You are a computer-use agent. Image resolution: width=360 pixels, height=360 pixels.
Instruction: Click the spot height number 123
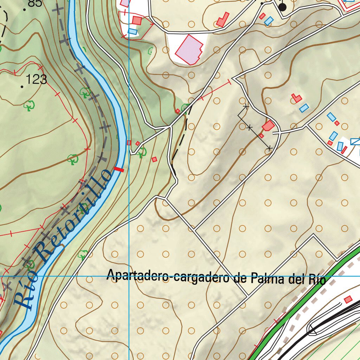(37, 79)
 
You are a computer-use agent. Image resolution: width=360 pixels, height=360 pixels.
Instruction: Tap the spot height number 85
(34, 4)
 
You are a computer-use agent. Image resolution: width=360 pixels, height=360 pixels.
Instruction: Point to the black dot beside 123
(22, 86)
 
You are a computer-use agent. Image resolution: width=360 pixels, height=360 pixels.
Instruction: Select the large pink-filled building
(189, 50)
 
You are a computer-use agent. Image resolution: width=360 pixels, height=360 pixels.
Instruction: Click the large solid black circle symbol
(283, 7)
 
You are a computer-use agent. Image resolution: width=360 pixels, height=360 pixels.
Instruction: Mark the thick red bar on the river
(120, 169)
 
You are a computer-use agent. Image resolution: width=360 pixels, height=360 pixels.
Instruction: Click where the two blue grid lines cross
(129, 276)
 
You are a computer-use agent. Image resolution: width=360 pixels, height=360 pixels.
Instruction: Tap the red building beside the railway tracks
(348, 299)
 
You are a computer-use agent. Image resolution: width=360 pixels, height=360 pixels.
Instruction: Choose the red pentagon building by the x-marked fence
(268, 126)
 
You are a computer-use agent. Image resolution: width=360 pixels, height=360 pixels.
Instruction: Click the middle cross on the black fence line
(250, 128)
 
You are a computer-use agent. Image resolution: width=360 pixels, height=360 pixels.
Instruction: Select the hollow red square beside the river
(129, 143)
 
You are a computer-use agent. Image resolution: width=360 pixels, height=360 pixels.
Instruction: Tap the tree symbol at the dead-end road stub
(142, 152)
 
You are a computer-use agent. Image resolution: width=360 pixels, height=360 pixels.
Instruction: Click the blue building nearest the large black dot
(269, 21)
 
